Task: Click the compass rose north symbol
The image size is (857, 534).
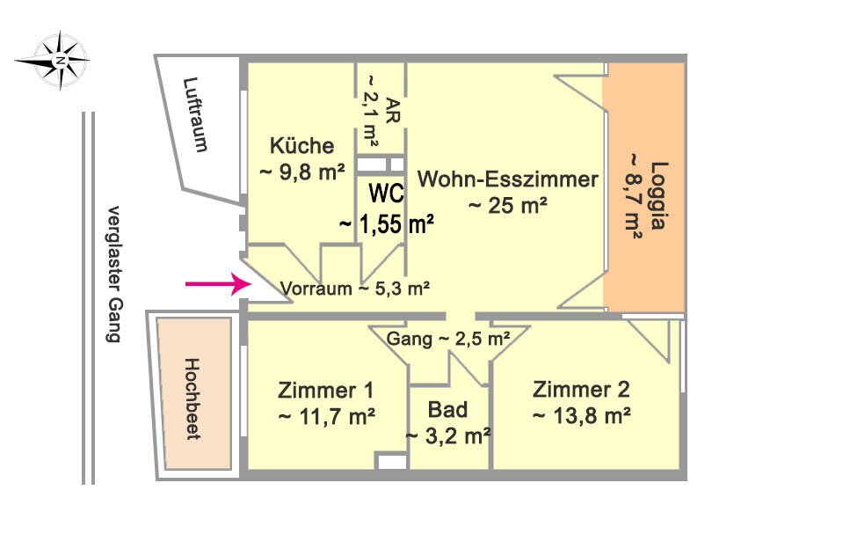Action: [x=53, y=60]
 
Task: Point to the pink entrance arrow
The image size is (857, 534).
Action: [x=218, y=284]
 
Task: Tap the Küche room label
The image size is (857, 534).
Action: [x=301, y=145]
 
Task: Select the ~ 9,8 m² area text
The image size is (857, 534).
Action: [x=301, y=172]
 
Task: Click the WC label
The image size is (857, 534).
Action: [x=387, y=194]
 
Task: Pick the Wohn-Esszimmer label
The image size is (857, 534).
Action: [x=508, y=179]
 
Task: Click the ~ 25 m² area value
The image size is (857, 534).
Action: [x=508, y=206]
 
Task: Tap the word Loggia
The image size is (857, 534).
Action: [x=658, y=195]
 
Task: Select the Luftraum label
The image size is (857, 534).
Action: [x=195, y=114]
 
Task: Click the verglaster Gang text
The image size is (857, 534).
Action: [x=113, y=274]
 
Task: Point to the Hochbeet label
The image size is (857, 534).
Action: [x=192, y=399]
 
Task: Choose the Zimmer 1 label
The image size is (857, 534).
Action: [x=326, y=391]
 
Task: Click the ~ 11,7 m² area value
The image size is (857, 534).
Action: [x=327, y=417]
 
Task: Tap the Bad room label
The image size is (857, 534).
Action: [x=447, y=410]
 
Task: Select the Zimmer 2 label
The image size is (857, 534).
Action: [x=581, y=390]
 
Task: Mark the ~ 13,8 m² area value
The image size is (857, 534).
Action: [x=582, y=416]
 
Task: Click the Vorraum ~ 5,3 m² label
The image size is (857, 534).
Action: [x=355, y=289]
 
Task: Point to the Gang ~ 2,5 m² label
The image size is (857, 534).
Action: [x=448, y=340]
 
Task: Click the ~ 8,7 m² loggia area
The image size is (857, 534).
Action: [x=634, y=196]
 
